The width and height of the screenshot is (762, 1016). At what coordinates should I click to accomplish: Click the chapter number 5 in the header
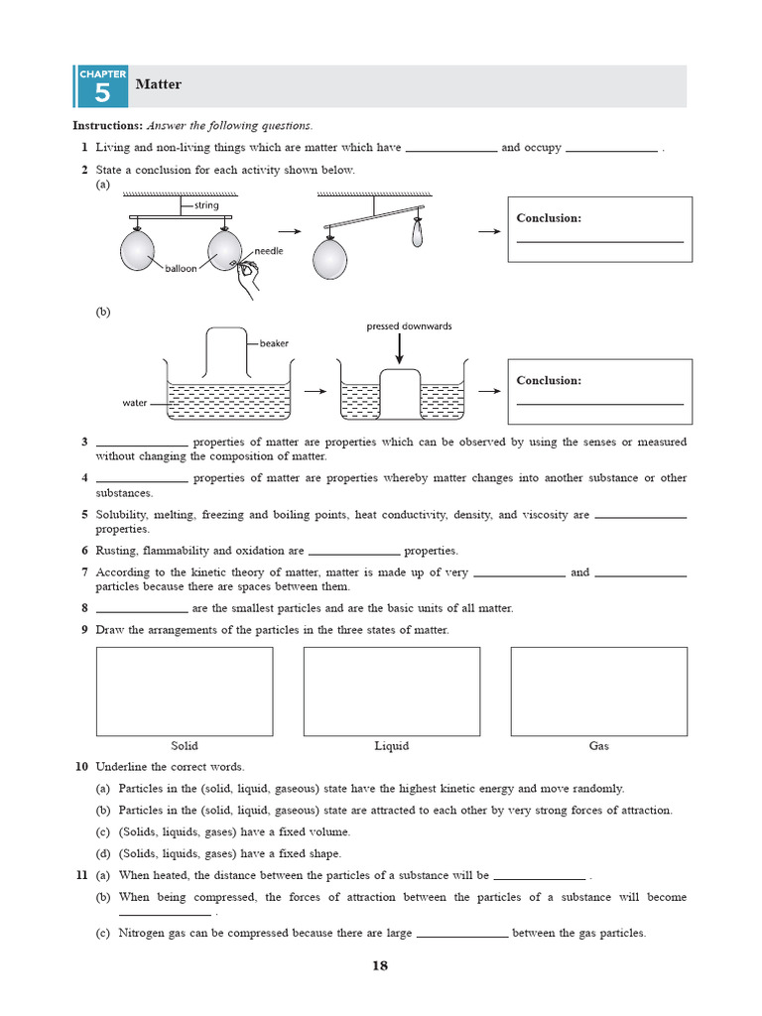point(101,94)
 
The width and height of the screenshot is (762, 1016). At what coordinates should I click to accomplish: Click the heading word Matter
point(158,84)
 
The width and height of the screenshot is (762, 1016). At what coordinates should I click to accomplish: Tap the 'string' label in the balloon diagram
point(206,205)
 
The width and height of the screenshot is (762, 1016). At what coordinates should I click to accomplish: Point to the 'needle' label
point(268,251)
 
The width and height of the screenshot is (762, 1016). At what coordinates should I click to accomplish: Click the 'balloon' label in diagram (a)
point(183,269)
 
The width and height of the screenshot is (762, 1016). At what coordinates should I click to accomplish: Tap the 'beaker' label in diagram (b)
point(274,343)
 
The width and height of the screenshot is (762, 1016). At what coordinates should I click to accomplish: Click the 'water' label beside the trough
point(134,404)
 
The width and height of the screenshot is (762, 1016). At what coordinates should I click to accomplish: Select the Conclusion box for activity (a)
point(599,229)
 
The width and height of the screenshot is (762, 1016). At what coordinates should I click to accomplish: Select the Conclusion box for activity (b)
point(599,392)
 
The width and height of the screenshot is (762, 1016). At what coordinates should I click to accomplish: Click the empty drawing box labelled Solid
point(184,692)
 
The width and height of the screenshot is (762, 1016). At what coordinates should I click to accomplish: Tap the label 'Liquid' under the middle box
point(391,746)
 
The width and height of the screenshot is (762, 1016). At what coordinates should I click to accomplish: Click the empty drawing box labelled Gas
point(598,692)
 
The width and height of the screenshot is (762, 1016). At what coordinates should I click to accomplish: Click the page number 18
point(380,966)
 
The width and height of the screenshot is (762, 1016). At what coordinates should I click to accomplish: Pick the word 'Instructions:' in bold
point(108,126)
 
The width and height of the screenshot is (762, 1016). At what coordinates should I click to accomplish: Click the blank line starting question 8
point(141,609)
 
